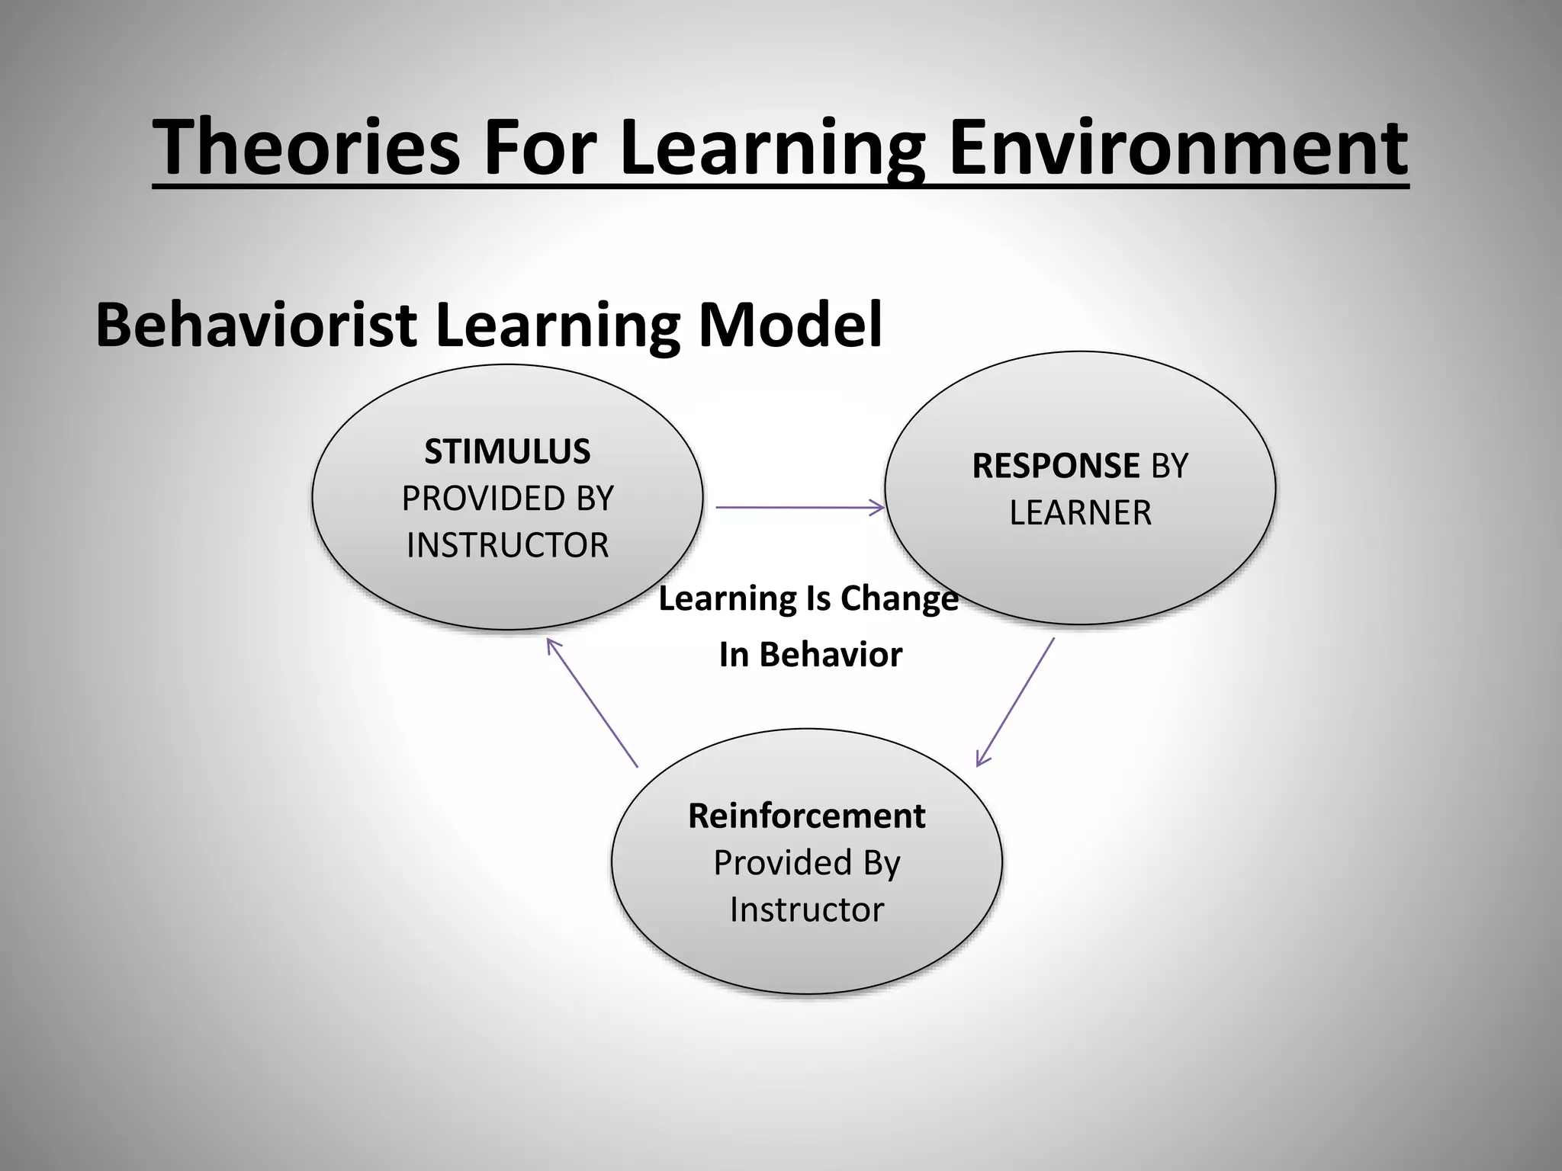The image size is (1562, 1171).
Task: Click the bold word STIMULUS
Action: click(507, 451)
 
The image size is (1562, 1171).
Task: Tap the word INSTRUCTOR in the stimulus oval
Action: click(507, 545)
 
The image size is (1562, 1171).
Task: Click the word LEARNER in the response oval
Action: click(1080, 512)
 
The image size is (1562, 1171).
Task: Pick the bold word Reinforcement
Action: click(806, 816)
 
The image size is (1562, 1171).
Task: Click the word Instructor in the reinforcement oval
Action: click(806, 910)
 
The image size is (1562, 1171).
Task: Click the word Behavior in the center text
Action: click(831, 655)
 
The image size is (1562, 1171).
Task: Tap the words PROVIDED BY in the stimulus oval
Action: click(507, 499)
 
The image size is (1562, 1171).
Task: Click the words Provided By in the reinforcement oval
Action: click(806, 863)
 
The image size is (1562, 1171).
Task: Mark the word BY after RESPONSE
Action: click(1169, 465)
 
